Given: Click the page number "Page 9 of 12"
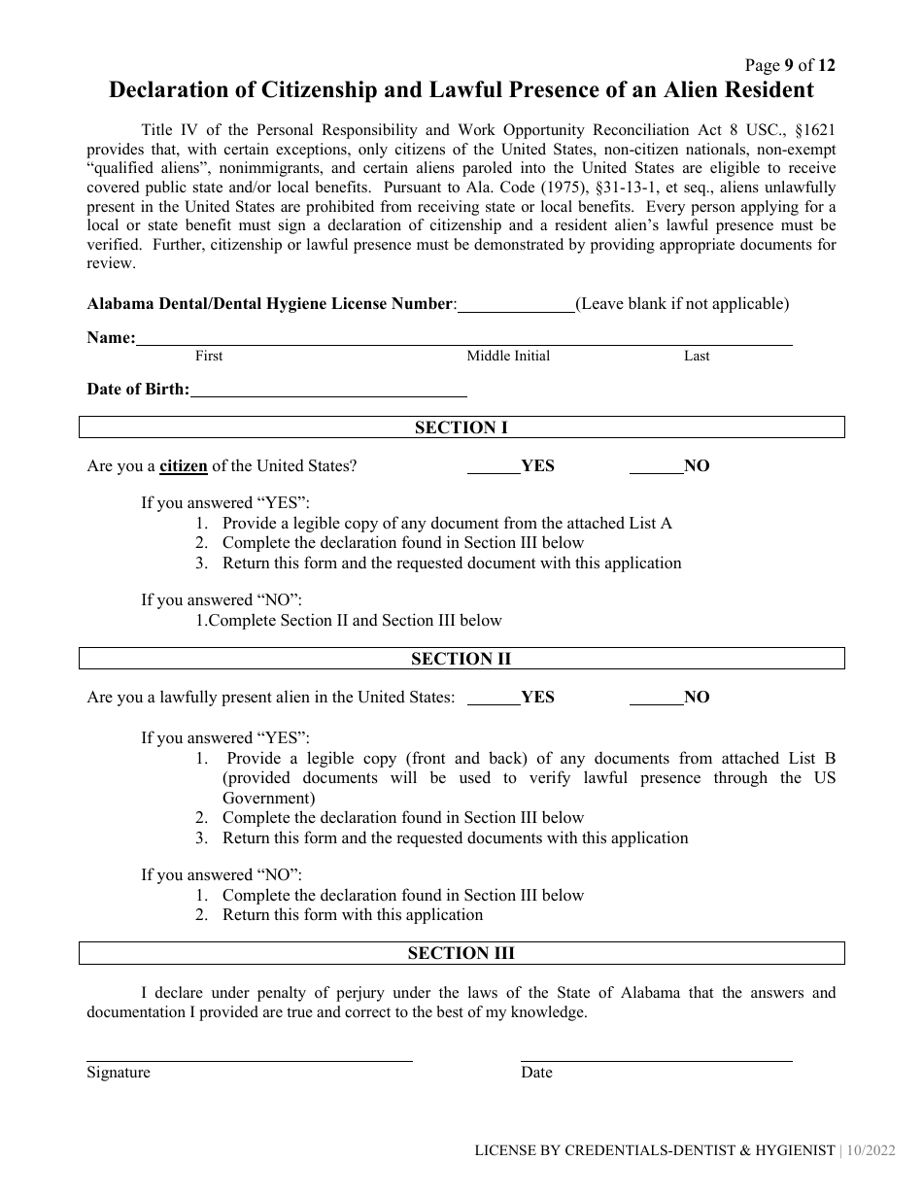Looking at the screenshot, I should click(789, 66).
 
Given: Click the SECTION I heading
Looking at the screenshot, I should click(461, 427).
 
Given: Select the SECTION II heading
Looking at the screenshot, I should click(461, 659).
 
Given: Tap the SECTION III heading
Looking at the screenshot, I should click(461, 953).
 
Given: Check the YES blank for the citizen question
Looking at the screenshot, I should click(494, 467).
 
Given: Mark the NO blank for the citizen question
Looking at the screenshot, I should click(656, 467).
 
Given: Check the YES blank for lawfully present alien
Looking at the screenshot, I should click(494, 699).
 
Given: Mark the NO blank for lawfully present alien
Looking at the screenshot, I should click(656, 699).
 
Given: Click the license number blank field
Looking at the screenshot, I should click(516, 305).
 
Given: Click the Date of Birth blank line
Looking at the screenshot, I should click(328, 391).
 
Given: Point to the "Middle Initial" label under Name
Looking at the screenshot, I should click(508, 356).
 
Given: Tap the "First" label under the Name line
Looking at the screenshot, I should click(209, 356).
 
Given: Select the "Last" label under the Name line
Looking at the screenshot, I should click(697, 356).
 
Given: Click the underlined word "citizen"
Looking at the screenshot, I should click(184, 465).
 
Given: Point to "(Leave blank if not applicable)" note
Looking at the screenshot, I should click(682, 304).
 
